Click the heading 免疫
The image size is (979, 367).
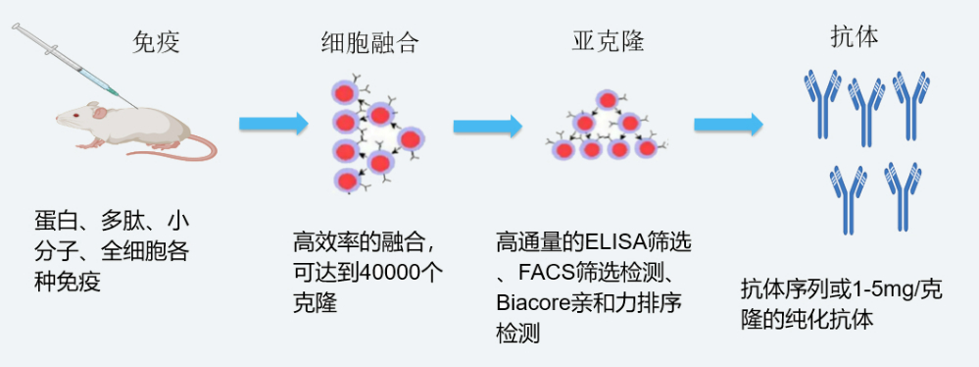(157, 42)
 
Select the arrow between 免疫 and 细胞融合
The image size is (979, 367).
(274, 124)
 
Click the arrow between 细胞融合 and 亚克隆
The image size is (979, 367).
(488, 126)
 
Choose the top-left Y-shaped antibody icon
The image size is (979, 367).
(819, 103)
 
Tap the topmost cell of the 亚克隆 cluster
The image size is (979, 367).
(608, 100)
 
